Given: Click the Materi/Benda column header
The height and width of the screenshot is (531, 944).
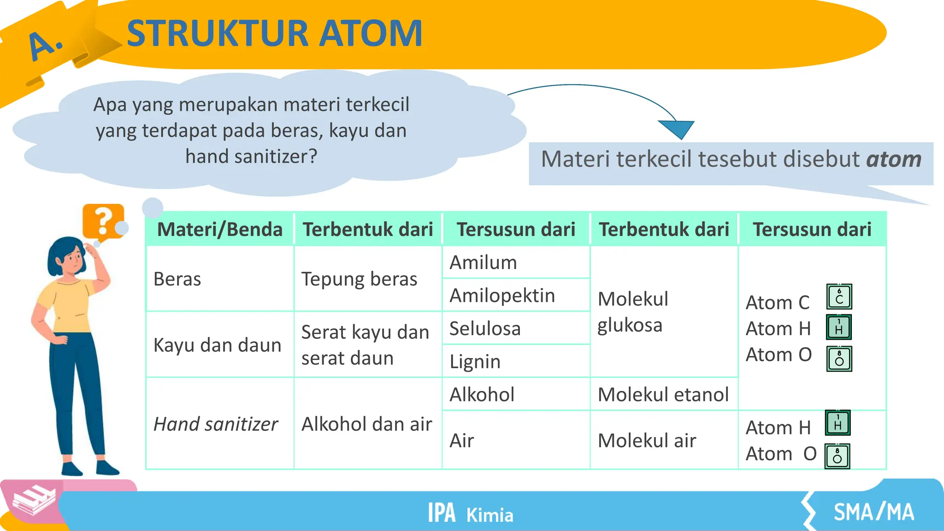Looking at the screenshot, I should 220,230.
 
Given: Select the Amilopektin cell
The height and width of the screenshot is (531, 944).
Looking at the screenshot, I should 502,295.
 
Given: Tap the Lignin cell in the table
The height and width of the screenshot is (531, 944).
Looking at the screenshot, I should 475,361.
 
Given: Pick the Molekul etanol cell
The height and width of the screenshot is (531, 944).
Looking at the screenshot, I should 663,395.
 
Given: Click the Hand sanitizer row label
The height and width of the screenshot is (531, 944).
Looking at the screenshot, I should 216,424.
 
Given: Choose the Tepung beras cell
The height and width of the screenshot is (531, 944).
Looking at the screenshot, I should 359,279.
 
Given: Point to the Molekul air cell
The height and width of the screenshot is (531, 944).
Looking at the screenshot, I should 647,441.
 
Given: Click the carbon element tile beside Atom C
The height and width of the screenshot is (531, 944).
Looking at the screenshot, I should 839,296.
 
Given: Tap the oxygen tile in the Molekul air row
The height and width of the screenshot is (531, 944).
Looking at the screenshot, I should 837,456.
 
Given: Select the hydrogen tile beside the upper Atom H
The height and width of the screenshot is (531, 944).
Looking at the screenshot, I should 838,327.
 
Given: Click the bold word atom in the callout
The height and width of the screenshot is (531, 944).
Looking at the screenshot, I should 893,159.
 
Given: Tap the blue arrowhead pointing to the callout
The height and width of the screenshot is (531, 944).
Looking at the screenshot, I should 677,129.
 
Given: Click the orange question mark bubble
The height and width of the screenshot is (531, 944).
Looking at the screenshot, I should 103,221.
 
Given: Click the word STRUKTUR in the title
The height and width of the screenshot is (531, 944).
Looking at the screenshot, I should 217,34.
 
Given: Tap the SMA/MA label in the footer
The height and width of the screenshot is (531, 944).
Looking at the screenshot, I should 873,512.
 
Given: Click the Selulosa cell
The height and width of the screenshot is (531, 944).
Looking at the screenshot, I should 485,329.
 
